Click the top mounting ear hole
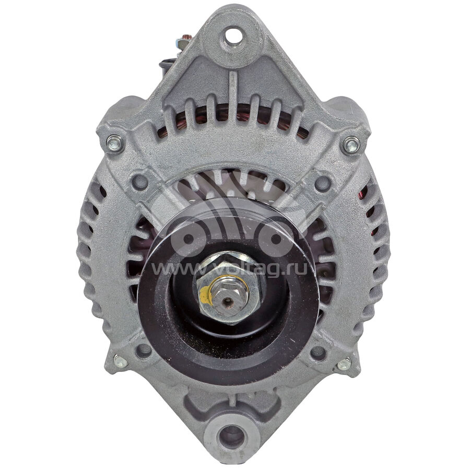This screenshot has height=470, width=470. (233, 36)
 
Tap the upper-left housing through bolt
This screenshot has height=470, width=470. (115, 143)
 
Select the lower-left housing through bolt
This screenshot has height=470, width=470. (120, 362)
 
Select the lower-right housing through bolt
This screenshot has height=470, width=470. (344, 364)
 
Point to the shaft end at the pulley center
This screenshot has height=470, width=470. (228, 300)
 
